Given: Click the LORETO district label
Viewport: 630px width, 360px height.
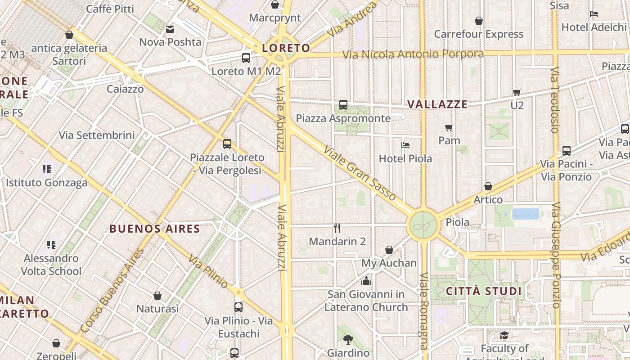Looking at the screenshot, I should point(286,48).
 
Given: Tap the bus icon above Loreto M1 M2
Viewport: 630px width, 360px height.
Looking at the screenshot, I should point(246,58).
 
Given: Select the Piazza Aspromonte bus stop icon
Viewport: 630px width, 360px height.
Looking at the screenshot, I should point(343,105).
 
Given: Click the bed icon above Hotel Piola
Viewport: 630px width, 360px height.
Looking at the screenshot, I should point(405,145).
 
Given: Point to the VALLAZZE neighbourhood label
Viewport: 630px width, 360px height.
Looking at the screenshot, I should point(437,104).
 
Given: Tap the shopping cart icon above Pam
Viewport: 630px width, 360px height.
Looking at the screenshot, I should point(449,127).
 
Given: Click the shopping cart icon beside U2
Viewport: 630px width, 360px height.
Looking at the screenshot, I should point(517,92).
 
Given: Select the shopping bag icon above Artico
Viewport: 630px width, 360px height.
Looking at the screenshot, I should point(488,186).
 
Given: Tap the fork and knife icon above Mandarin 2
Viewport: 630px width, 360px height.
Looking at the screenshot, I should point(337,228).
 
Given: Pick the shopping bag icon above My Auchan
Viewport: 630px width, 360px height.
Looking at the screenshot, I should point(389,250).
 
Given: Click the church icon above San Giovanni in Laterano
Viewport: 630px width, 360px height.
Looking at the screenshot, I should point(366,281).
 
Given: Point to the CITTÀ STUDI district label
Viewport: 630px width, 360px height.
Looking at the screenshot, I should point(484,291).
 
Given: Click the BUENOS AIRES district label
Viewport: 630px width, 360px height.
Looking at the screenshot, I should point(155,229).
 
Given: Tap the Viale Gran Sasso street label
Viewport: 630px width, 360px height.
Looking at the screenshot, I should point(360,173).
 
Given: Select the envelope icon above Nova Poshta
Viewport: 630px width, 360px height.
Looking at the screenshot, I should point(170,29).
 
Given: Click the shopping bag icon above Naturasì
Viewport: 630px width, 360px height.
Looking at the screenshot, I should point(157,296).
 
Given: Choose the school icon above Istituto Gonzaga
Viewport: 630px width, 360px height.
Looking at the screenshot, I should point(47,169).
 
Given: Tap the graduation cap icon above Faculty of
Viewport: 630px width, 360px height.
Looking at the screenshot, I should point(504,335).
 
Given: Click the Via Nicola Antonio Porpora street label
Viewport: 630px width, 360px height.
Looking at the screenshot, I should point(413,54).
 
